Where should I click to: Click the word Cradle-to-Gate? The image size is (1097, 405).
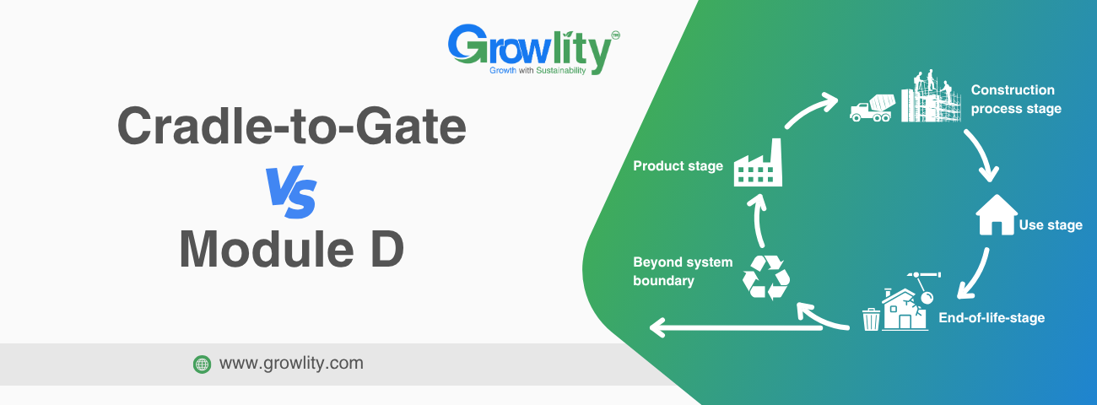coord(291,127)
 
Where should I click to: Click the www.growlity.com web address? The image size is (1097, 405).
coord(291,364)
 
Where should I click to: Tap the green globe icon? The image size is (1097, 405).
coord(202,364)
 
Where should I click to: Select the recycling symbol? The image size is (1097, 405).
coord(766,278)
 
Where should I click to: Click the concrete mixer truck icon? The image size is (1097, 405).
coord(870,107)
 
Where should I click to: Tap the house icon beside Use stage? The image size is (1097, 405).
coord(996,219)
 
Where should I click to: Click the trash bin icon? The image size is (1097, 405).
coord(871,319)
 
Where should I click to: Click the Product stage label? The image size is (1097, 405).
coord(678,165)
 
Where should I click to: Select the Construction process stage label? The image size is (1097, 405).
coord(1015,99)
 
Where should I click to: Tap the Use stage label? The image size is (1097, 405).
coord(1051,225)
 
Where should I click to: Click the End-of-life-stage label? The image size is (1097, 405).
coord(992,318)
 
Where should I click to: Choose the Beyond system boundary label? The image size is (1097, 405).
coord(683,271)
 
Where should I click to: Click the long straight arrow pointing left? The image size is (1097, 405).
coord(734,326)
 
